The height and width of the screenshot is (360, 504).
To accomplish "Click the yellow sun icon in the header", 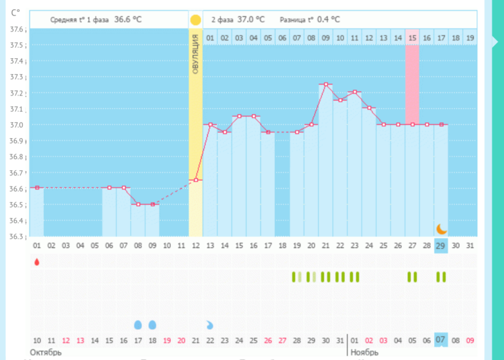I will click(x=195, y=20).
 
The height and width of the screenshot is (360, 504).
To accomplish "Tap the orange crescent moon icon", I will click(x=442, y=228).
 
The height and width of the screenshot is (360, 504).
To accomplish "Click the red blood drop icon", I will click(x=37, y=262).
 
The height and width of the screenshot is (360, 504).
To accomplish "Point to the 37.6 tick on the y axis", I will click(x=17, y=29).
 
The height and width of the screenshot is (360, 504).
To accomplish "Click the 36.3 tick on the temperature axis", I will click(x=17, y=236).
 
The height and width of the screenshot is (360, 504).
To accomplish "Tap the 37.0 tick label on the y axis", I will click(x=17, y=124).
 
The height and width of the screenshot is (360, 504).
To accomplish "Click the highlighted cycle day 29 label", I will click(x=441, y=245).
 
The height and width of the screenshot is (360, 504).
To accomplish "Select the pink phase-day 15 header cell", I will click(x=412, y=37).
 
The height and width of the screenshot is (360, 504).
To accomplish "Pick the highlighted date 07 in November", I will click(x=441, y=340).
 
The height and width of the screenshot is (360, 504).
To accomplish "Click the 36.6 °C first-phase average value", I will click(x=128, y=20).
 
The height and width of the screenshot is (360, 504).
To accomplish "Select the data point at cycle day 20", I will click(x=312, y=124).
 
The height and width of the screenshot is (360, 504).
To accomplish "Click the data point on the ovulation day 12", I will click(x=196, y=180).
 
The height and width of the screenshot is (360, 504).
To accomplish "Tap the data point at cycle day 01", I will click(x=37, y=188).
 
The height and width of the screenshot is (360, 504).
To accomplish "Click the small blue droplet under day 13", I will click(x=209, y=325).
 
